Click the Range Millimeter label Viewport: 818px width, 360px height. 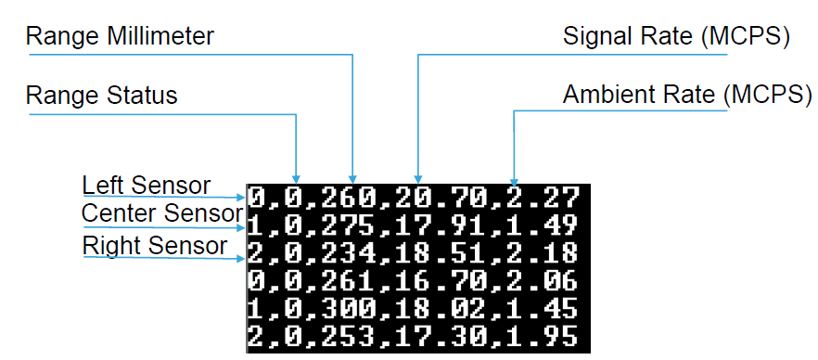click(120, 36)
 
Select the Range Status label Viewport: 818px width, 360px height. click(102, 96)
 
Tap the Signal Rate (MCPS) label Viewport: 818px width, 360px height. click(677, 37)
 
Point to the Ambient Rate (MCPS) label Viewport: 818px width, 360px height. click(687, 95)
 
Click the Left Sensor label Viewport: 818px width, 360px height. click(147, 186)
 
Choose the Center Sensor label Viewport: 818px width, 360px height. click(162, 212)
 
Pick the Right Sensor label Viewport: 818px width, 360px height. click(155, 245)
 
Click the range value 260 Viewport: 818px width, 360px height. click(349, 199)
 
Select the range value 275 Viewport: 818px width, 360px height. click(349, 225)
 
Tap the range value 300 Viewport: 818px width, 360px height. click(349, 309)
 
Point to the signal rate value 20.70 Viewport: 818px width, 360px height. click(441, 199)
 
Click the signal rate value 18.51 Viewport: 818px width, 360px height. click(441, 253)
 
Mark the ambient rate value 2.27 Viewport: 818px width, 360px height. click(543, 199)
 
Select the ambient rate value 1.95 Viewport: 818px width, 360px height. click(543, 337)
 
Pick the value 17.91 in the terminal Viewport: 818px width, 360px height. click(441, 225)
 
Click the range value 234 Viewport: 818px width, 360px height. click(349, 253)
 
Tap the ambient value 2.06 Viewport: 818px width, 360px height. click(543, 281)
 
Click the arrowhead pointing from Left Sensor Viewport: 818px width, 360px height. click(241, 198)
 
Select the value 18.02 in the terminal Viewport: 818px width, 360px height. click(441, 309)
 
